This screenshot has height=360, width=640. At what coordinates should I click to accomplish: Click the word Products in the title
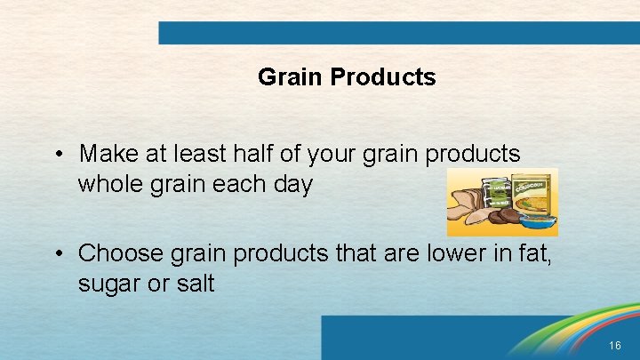pos(382,77)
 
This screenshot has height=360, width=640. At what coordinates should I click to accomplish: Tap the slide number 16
pos(616,345)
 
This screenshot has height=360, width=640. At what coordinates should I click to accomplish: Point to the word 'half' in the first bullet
pos(249,154)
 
